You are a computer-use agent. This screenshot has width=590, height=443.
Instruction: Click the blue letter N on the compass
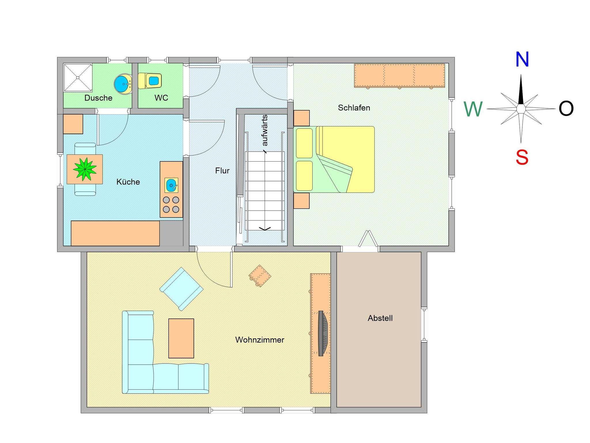[522, 59]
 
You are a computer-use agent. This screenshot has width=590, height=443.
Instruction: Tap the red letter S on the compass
[522, 157]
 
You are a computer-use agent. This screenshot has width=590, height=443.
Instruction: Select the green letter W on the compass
[473, 109]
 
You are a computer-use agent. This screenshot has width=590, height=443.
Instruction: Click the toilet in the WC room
[150, 81]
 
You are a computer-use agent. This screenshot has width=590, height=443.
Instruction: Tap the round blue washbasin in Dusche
[123, 84]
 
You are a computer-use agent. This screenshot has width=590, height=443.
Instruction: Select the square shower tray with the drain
[78, 77]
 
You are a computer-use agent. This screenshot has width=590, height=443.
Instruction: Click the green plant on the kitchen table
[85, 169]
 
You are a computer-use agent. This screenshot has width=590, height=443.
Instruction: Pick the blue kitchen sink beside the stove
[171, 185]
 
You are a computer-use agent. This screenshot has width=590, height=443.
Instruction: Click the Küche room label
[128, 182]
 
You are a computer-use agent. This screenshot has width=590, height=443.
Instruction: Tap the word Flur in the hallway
[222, 171]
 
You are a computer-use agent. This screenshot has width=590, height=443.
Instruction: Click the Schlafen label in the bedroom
[354, 108]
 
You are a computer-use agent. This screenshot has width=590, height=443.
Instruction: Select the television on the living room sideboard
[323, 333]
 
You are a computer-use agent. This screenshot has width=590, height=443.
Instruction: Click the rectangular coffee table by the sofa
[181, 338]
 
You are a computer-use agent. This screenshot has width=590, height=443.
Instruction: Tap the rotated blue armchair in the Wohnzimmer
[181, 289]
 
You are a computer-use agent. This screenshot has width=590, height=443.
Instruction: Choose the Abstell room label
[380, 318]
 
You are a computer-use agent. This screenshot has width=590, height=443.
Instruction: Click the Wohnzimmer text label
[260, 340]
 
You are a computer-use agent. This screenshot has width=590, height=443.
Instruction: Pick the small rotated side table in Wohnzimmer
[260, 276]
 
